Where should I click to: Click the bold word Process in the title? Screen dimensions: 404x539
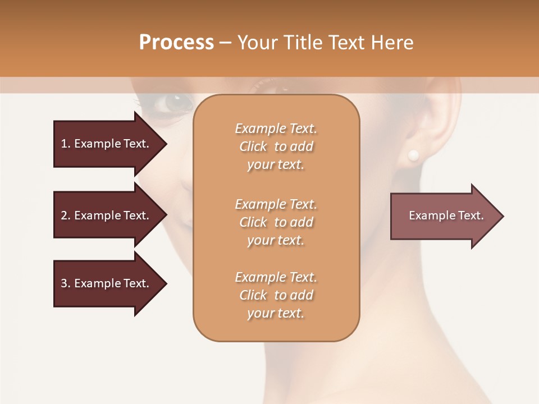pos(176,43)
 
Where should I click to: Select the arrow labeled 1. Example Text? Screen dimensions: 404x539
pos(107,144)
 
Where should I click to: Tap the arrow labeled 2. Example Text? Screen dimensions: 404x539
pos(107,215)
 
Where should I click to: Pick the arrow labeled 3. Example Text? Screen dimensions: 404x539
pos(107,283)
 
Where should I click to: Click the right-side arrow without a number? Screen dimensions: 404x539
pos(444,216)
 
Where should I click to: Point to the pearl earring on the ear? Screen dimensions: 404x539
pos(414,155)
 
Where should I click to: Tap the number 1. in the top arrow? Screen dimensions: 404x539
pos(66,144)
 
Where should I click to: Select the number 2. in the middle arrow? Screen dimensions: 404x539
pos(66,215)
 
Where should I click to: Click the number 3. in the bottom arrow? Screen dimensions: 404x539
pos(66,283)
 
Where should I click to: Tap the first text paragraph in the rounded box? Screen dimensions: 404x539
pos(276,146)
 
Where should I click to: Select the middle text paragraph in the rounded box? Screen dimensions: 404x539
pos(276,222)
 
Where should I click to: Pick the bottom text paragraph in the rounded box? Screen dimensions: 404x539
pos(276,295)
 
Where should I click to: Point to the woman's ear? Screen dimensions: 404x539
pos(427,123)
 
